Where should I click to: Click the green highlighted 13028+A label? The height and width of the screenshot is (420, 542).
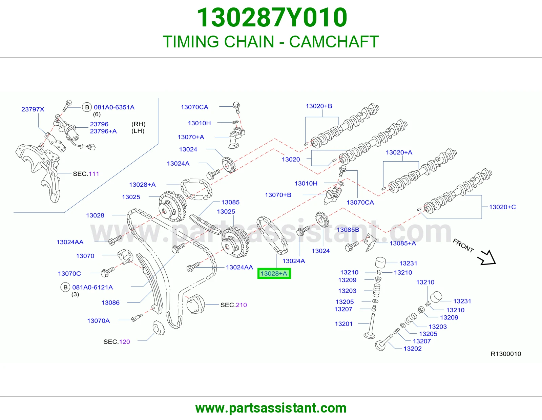274,273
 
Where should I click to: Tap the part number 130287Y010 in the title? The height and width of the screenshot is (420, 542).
272,17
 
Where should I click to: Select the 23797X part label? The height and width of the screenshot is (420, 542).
33,109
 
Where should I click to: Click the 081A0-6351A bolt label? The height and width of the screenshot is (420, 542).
114,107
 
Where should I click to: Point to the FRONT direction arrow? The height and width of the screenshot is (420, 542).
486,258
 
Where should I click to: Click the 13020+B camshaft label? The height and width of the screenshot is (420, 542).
319,106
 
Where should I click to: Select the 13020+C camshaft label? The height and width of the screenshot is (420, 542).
502,207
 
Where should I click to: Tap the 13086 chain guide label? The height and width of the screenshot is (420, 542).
110,302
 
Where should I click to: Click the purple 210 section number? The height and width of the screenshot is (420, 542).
241,305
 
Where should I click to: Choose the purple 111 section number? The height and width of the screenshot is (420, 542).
93,174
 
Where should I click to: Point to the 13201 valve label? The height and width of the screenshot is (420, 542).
344,324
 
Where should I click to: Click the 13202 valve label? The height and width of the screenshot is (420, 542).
413,349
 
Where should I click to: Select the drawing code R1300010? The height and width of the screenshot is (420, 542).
506,354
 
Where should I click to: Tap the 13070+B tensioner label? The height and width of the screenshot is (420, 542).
278,195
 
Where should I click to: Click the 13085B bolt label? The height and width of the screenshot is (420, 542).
348,229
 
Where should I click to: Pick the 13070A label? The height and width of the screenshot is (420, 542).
98,320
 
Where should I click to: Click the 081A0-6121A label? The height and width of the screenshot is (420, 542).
92,287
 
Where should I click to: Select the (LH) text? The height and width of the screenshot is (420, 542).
138,131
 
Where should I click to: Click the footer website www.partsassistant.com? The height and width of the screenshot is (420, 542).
271,408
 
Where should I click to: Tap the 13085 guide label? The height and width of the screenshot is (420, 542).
230,202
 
